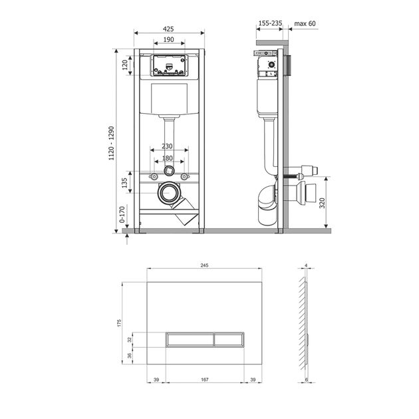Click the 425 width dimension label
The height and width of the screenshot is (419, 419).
tap(168, 29)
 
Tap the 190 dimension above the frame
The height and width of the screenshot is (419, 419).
tap(168, 39)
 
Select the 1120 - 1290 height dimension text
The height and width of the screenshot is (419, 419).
tap(111, 143)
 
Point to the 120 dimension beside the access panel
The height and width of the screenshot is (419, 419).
tap(125, 65)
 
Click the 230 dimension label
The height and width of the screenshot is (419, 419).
tap(168, 146)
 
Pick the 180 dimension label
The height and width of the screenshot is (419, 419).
tap(168, 158)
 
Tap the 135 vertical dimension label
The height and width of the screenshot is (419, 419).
tap(124, 183)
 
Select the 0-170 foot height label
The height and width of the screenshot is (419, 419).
tap(122, 214)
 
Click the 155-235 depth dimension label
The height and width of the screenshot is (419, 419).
tap(270, 23)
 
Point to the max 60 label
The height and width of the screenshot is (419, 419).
tap(305, 23)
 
